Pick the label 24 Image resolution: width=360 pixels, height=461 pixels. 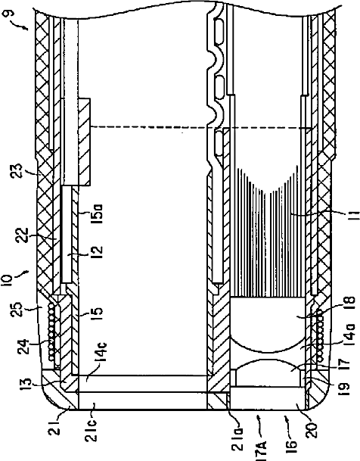tap(23, 347)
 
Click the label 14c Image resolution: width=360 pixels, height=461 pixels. tap(101, 354)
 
